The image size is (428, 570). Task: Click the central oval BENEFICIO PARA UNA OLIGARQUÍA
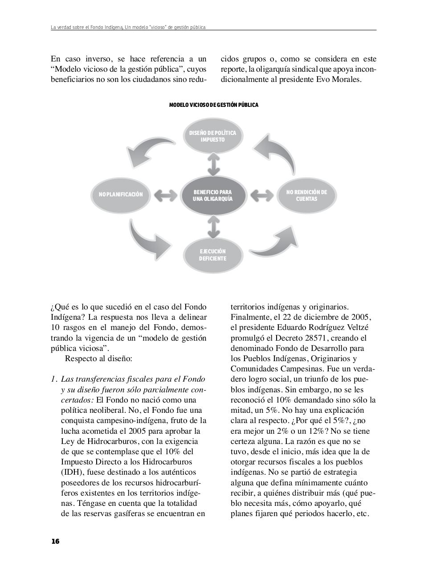[x=213, y=195]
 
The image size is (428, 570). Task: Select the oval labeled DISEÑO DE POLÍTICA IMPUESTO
[x=213, y=136]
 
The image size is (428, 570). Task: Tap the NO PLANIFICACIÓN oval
[x=121, y=195]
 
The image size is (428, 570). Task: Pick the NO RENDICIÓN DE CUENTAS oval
[x=306, y=195]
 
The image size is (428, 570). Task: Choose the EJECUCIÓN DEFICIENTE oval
[x=212, y=255]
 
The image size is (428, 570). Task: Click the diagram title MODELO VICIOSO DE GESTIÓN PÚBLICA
[x=213, y=105]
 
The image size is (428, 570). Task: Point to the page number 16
[x=55, y=541]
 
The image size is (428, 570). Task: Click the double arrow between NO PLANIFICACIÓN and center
[x=166, y=195]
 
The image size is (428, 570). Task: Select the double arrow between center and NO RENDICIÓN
[x=261, y=195]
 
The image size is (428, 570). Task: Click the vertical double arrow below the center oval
[x=214, y=228]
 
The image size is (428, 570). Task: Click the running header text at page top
[x=128, y=28]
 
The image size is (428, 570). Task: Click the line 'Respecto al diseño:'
[x=98, y=358]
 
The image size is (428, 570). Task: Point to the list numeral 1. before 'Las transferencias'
[x=54, y=379]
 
